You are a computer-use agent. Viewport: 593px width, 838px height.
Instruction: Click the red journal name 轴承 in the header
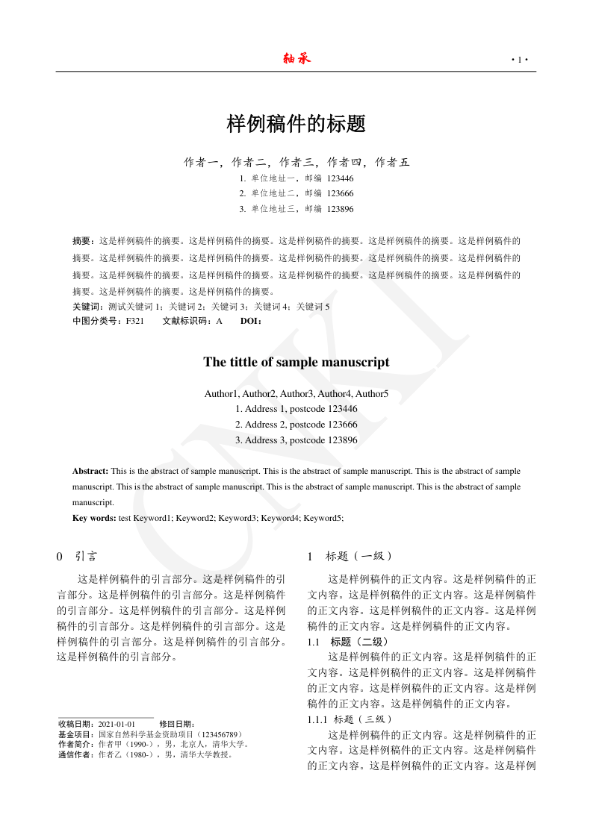click(x=296, y=59)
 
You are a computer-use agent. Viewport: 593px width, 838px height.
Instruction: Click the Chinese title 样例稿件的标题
click(x=296, y=124)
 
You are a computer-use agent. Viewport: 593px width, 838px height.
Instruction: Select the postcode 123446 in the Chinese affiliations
click(x=341, y=178)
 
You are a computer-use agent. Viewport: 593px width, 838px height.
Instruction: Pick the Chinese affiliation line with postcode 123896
click(x=296, y=209)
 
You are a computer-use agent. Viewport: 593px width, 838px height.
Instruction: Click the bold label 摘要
click(x=84, y=241)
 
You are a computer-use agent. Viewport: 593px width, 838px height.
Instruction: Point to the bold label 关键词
click(x=88, y=307)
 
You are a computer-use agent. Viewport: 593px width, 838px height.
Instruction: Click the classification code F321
click(x=135, y=322)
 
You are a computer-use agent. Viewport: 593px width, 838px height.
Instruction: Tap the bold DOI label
click(x=250, y=322)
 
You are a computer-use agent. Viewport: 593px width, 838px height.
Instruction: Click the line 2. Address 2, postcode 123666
click(x=296, y=425)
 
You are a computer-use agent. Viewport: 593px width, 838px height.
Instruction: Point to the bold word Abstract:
click(x=90, y=472)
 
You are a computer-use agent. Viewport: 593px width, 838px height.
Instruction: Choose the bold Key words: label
click(x=94, y=518)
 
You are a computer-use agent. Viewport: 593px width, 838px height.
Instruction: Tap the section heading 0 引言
click(x=77, y=557)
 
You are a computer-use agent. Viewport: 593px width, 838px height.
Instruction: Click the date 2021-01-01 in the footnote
click(x=117, y=724)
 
